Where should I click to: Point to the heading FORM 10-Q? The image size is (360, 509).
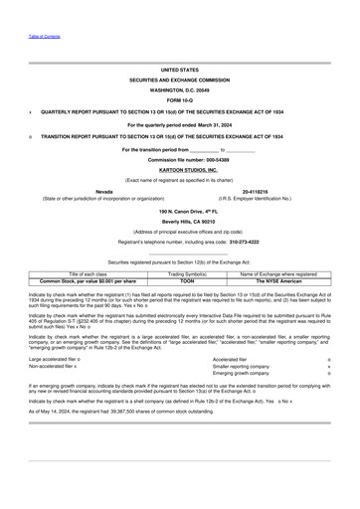tap(180, 101)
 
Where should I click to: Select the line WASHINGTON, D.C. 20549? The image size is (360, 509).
tap(180, 89)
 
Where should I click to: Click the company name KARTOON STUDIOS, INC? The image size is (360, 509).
tap(180, 170)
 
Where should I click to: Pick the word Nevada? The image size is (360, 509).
tap(103, 190)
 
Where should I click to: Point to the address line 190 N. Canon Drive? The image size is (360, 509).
tap(180, 212)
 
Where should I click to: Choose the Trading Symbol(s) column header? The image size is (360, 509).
tap(180, 273)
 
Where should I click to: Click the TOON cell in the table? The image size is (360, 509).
tap(180, 281)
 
